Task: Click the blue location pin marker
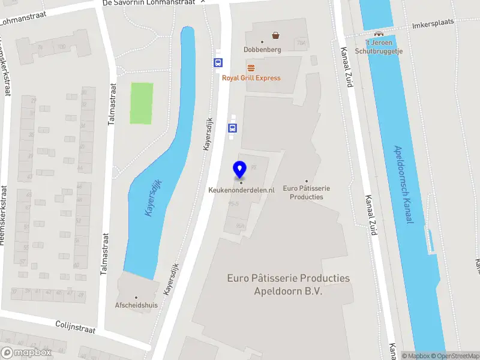(240, 170)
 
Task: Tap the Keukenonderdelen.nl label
(241, 190)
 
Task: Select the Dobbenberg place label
(262, 50)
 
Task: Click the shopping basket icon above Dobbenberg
(275, 35)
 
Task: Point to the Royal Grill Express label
(251, 78)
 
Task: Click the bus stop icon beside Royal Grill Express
(218, 62)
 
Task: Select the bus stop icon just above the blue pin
(232, 127)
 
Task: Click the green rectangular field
(142, 103)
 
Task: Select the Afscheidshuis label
(136, 305)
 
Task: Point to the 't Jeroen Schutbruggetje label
(379, 46)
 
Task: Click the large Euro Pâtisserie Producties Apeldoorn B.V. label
(288, 284)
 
